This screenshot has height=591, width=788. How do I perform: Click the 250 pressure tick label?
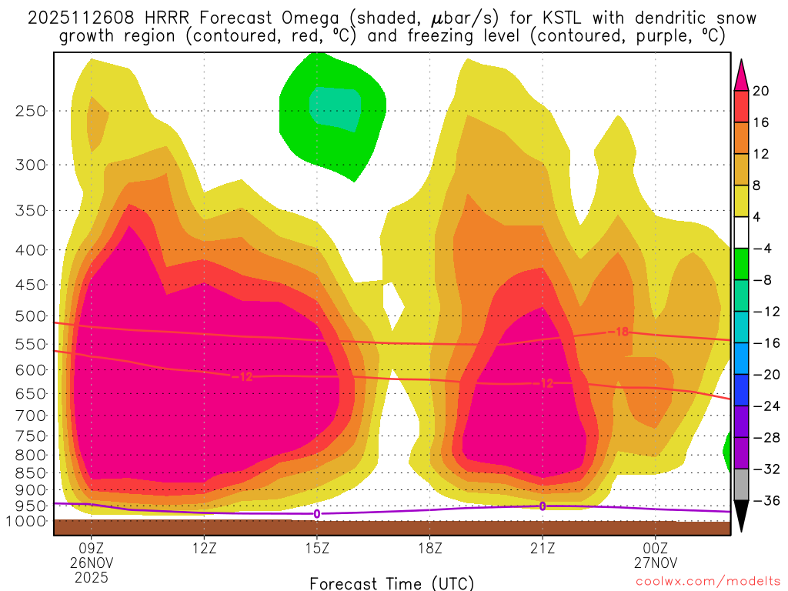[x=31, y=111]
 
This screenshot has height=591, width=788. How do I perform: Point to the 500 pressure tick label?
[x=31, y=316]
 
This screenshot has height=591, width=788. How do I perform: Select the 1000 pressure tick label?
[x=28, y=522]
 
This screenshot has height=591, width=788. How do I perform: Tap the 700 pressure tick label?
[x=31, y=416]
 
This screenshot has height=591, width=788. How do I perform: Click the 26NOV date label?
[x=92, y=563]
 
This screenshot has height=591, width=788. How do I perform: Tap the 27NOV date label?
[x=655, y=563]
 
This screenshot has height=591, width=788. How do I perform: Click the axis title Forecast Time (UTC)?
[x=392, y=583]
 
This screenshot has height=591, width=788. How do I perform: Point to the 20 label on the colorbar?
[x=761, y=91]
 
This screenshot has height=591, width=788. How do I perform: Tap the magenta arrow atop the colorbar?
[x=741, y=74]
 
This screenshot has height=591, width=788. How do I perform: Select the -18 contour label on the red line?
[x=622, y=332]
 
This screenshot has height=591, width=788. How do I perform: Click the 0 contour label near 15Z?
[x=316, y=513]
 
